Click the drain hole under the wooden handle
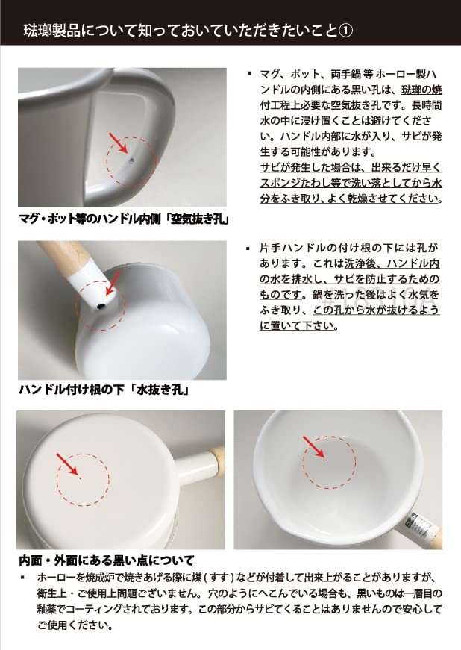tap(99, 306)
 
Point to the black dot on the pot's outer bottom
tap(80, 478)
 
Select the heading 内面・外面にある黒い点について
tap(106, 560)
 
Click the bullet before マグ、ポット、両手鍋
tap(248, 75)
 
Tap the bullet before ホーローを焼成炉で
tap(24, 578)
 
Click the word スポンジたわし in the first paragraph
tap(296, 182)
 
